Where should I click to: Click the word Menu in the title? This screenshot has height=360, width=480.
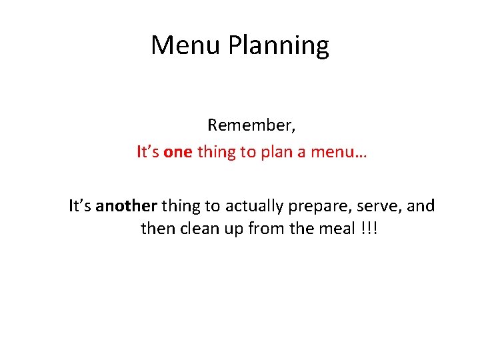pyautogui.click(x=186, y=45)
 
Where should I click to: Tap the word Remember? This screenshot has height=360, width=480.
pyautogui.click(x=251, y=125)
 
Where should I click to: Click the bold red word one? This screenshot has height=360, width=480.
pyautogui.click(x=177, y=153)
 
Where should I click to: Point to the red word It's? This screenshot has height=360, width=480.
pyautogui.click(x=147, y=153)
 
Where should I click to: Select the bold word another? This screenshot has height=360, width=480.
pyautogui.click(x=124, y=206)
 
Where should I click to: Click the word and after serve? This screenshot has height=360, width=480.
pyautogui.click(x=420, y=206)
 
